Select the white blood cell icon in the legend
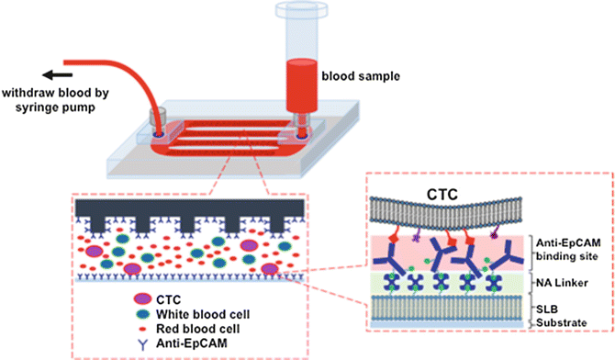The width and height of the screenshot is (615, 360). (x=154, y=312)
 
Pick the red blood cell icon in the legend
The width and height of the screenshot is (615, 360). (x=154, y=327)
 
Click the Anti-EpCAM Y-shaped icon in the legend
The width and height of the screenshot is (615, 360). (x=154, y=343)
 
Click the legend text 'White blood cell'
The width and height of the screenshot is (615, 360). (x=213, y=312)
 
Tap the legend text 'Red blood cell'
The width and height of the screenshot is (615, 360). (x=209, y=327)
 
